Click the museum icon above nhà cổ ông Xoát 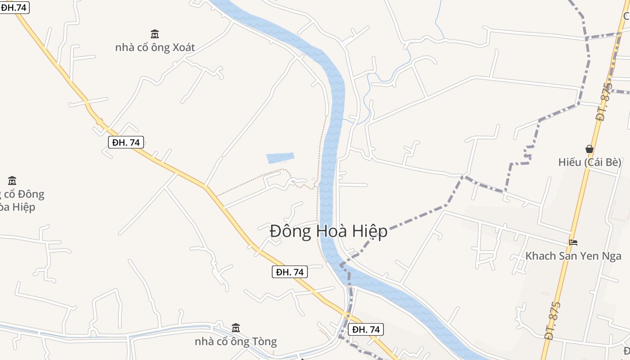coord(155,34)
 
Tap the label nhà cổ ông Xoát coord(155,47)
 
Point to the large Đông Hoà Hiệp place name coord(328,231)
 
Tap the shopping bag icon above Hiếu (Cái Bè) coord(589,149)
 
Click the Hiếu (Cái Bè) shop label coord(589,162)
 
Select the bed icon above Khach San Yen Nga coord(573,243)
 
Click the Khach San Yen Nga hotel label coord(573,256)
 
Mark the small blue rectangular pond coord(280,157)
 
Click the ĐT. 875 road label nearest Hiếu coord(604,102)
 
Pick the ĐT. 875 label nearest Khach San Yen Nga coord(552,321)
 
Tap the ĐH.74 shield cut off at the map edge coord(14,7)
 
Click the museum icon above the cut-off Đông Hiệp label coord(12,181)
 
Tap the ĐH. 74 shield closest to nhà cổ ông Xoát coord(126,143)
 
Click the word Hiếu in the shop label coord(570,162)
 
